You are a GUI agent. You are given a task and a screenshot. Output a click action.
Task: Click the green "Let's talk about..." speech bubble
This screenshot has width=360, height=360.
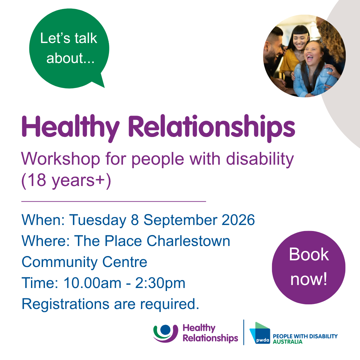point(69,48)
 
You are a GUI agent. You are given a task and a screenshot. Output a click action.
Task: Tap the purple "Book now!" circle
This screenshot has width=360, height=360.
point(309,267)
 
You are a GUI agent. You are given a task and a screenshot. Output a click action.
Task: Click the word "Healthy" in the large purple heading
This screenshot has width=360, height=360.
point(70,128)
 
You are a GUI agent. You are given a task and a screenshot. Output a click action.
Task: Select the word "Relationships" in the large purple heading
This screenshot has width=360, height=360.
point(211,128)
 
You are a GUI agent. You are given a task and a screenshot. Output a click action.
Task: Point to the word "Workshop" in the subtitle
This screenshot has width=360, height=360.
point(61,159)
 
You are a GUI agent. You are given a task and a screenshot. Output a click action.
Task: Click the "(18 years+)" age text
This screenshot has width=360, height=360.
point(66,180)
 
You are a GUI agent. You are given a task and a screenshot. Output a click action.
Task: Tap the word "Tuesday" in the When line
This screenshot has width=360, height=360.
point(98,220)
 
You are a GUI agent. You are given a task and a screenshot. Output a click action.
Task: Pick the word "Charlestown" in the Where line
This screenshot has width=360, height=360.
point(188,241)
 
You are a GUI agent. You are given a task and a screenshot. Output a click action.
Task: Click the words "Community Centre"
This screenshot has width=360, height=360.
point(84,262)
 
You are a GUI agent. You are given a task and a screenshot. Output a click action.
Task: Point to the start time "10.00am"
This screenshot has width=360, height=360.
point(92,283)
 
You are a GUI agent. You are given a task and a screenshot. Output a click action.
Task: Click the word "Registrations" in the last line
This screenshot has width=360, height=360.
point(65,304)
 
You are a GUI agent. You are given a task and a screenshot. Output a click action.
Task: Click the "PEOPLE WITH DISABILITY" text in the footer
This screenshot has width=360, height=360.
point(305,336)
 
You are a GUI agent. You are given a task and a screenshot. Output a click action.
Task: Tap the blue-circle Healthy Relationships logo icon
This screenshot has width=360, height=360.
point(166,333)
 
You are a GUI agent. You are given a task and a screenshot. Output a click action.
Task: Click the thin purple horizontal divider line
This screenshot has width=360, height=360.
point(114,201)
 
